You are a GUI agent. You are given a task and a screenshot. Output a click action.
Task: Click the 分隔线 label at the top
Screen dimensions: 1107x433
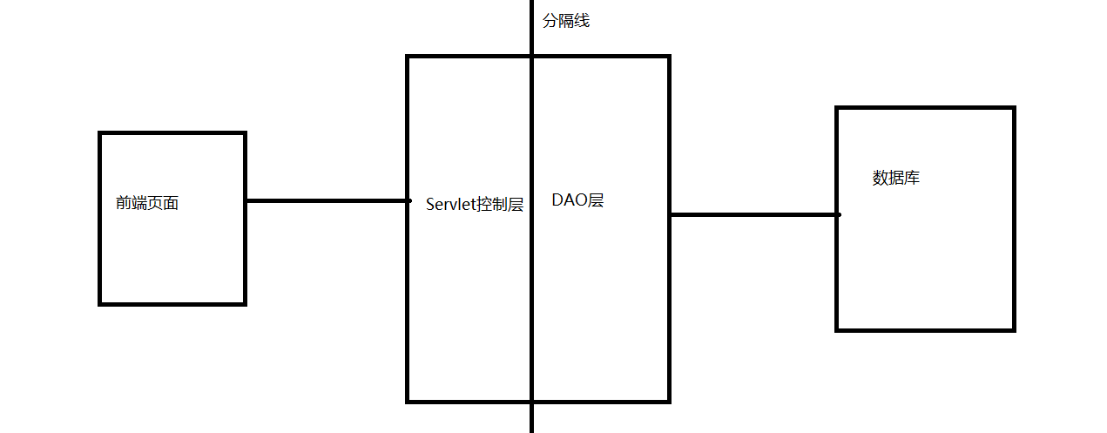click(x=566, y=21)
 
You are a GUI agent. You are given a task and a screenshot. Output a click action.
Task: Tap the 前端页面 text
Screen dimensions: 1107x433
click(x=147, y=204)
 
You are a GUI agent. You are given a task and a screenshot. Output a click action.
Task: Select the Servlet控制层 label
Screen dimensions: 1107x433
click(x=475, y=205)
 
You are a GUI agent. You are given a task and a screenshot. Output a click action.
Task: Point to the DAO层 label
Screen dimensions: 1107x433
click(x=577, y=200)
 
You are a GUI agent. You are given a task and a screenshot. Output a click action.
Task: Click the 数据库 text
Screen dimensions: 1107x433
click(x=896, y=179)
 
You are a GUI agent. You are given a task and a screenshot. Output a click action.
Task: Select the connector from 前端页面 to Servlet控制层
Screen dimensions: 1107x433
click(x=327, y=201)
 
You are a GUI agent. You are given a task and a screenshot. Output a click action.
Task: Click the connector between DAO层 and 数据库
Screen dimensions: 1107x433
click(x=753, y=214)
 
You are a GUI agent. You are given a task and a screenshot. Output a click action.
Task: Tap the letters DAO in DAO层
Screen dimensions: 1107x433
click(x=569, y=200)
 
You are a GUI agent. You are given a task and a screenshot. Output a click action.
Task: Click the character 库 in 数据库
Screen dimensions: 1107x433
click(x=912, y=179)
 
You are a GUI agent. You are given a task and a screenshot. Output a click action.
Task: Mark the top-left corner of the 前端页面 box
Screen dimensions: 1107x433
click(x=101, y=133)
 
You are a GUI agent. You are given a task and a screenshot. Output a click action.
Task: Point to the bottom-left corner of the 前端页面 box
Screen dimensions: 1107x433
click(x=101, y=303)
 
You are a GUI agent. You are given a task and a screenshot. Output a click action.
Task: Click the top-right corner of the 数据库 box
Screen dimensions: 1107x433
click(x=1013, y=109)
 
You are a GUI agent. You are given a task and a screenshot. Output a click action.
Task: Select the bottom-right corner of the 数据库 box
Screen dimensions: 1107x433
click(x=1013, y=329)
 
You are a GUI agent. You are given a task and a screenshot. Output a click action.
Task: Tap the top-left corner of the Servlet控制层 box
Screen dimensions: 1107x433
click(x=408, y=58)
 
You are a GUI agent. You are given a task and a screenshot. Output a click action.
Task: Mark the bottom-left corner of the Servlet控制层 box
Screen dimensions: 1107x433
click(x=408, y=401)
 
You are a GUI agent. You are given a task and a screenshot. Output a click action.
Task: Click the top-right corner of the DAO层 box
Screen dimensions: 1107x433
click(x=668, y=58)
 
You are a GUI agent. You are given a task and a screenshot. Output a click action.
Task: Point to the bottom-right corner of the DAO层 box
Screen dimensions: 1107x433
click(x=668, y=401)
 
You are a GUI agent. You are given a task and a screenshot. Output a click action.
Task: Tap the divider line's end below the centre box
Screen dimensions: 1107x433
click(x=531, y=429)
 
